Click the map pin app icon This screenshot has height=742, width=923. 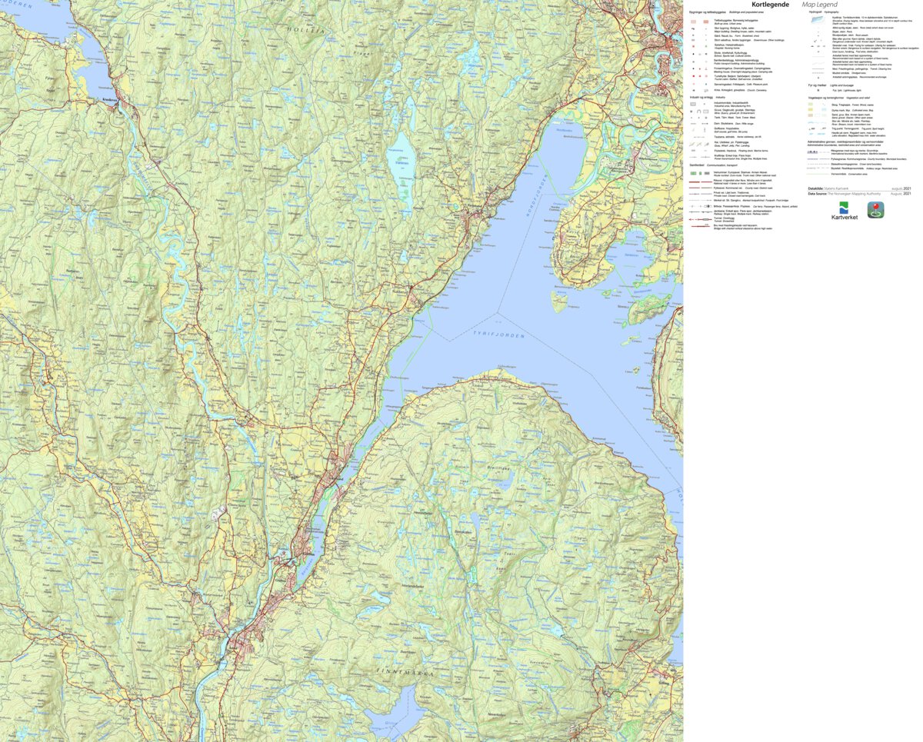coord(875,209)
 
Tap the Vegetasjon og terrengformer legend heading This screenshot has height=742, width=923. coord(838,98)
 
